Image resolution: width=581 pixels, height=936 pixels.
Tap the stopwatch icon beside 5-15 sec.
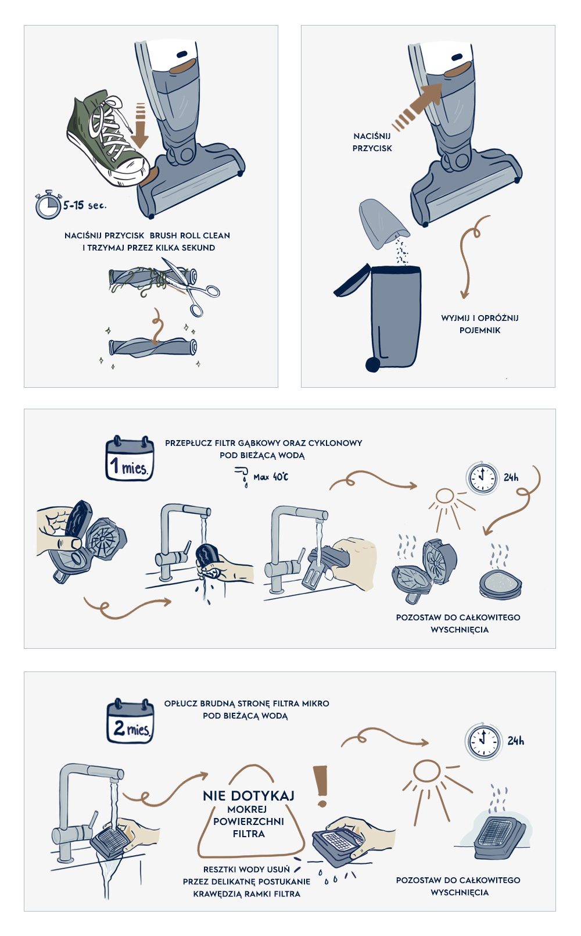[48, 205]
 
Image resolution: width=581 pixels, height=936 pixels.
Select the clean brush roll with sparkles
[152, 347]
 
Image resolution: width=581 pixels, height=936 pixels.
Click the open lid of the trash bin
[352, 281]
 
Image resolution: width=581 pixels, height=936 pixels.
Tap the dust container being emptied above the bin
[382, 224]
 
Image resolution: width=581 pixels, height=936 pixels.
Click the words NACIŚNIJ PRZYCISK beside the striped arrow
[372, 142]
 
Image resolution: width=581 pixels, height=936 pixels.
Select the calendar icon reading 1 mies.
[130, 458]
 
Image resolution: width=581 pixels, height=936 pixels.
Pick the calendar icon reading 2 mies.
[130, 721]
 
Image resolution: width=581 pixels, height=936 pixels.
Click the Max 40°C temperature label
[271, 477]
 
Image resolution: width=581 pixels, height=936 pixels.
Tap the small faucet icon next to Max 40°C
[242, 476]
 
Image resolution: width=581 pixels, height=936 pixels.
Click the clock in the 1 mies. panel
[482, 478]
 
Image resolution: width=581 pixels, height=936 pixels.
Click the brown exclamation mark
[321, 786]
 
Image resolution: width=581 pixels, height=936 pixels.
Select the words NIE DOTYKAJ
[249, 795]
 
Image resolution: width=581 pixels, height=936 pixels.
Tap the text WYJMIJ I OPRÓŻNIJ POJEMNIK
[480, 324]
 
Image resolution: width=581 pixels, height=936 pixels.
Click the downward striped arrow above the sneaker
[139, 126]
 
